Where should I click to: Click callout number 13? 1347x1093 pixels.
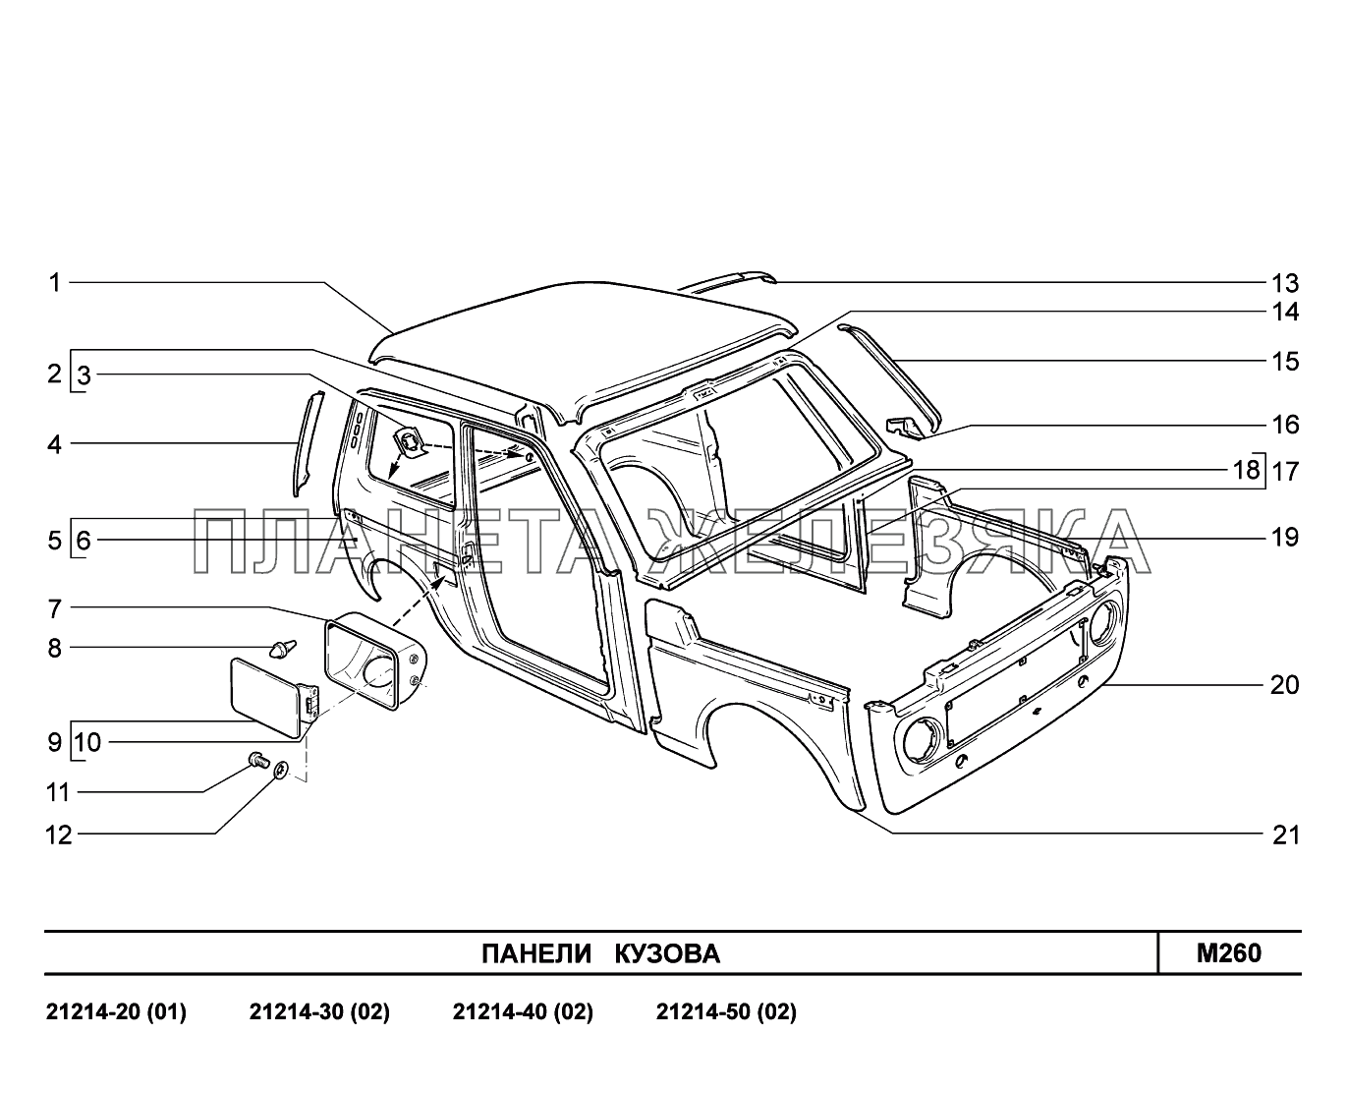[x=1284, y=284]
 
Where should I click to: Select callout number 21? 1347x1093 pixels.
[x=1284, y=835]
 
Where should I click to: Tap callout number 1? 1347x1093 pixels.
[x=55, y=283]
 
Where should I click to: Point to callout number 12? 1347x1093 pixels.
[x=59, y=835]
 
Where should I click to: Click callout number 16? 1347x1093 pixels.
[x=1284, y=425]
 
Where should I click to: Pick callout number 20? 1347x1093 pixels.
[x=1284, y=685]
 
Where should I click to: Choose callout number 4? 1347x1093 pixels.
[x=55, y=444]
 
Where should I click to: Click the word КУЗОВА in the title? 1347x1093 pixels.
[x=667, y=953]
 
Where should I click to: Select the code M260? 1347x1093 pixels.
[x=1228, y=952]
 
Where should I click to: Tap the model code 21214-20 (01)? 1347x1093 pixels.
[x=116, y=1012]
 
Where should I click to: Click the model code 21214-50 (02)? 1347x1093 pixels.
[x=726, y=1012]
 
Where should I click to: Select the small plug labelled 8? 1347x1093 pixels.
[x=282, y=648]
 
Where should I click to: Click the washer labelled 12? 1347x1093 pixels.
[x=281, y=770]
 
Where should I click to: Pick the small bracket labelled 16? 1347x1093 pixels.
[x=904, y=425]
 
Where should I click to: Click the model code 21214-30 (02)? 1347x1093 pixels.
[x=320, y=1012]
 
